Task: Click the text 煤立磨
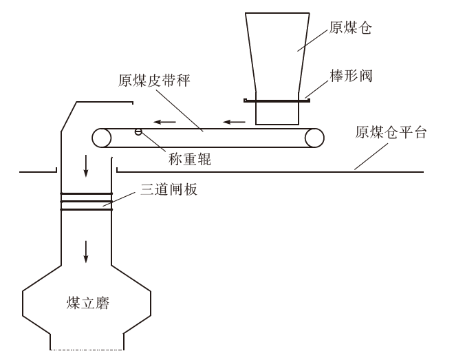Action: click(87, 304)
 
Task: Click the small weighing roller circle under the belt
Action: click(138, 131)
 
